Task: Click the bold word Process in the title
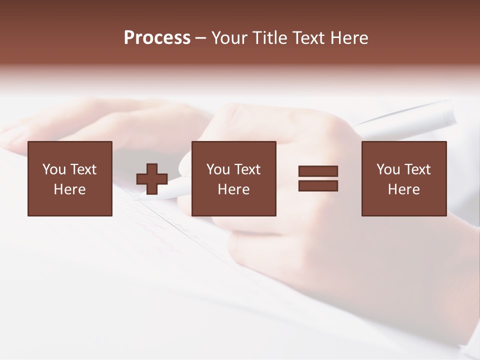pos(157,38)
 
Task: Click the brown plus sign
pos(152,179)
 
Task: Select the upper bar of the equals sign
pos(318,171)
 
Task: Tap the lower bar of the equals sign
pos(318,185)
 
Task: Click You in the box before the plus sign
pos(54,169)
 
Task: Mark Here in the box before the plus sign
pos(69,189)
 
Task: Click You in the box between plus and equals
pos(218,169)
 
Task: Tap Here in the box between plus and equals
pos(233,189)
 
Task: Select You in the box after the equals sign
pos(388,169)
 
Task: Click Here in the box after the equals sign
pos(403,189)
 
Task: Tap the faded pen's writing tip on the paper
pos(136,198)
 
